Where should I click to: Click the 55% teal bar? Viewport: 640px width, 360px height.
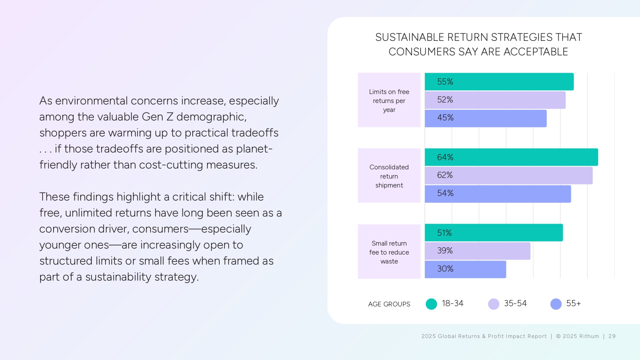499,82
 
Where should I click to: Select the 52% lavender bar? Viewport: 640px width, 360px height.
495,100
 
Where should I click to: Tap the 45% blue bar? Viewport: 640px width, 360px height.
486,118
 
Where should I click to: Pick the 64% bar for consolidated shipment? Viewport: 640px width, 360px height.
511,157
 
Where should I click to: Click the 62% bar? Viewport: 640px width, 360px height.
508,175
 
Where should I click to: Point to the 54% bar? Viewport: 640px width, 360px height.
498,194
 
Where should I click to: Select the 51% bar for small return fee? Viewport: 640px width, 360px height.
494,233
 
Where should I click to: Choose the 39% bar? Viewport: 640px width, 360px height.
477,251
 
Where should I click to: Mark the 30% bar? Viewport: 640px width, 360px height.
465,269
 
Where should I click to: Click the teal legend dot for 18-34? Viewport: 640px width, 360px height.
431,304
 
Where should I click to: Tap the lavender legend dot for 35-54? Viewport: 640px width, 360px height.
493,304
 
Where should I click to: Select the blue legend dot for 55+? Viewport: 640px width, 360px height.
556,304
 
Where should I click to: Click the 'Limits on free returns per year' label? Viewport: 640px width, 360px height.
389,100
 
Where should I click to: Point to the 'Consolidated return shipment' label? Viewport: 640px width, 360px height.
389,176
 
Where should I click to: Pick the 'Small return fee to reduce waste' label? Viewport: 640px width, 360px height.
389,252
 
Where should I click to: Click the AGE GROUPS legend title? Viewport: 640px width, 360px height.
389,304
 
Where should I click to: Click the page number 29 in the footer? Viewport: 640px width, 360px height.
612,336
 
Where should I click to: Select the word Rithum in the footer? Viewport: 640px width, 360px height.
589,336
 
